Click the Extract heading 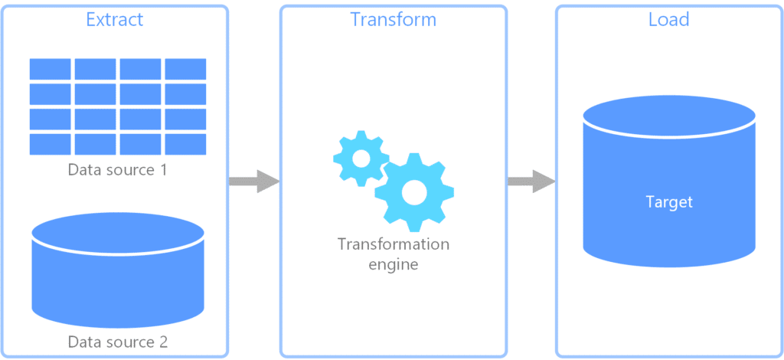tap(114, 19)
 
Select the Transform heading tap(393, 19)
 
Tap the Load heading tap(668, 19)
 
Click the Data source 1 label tap(117, 169)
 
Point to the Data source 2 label tap(117, 341)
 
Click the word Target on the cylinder tap(668, 202)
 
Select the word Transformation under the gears tap(393, 244)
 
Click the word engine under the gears tap(393, 264)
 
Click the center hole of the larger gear tap(414, 192)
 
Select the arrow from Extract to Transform tap(253, 182)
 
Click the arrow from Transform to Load tap(531, 182)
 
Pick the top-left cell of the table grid tap(51, 69)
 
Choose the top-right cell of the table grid tap(185, 69)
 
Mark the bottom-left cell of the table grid tap(51, 144)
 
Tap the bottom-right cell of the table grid tap(185, 144)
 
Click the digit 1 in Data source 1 tap(162, 169)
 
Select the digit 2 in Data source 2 tap(162, 341)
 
